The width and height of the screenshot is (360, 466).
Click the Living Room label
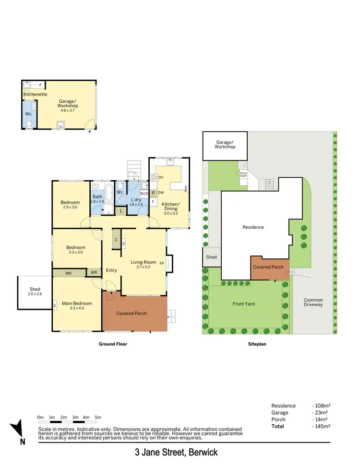click(x=144, y=262)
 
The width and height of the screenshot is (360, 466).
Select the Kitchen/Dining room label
click(x=170, y=206)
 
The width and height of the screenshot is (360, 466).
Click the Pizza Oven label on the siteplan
click(x=243, y=174)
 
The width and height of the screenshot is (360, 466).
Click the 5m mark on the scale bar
click(x=98, y=417)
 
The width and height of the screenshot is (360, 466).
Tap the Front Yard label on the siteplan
click(x=244, y=304)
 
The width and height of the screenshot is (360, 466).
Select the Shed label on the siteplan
click(x=211, y=257)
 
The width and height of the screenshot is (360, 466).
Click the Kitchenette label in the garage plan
click(x=36, y=95)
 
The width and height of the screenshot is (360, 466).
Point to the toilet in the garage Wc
click(x=29, y=124)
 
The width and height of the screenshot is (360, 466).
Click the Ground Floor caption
click(x=113, y=344)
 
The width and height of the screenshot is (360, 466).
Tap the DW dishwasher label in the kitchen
click(x=161, y=193)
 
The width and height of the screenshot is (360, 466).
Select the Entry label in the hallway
click(x=111, y=270)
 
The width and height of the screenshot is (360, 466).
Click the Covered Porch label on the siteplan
click(x=268, y=267)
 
